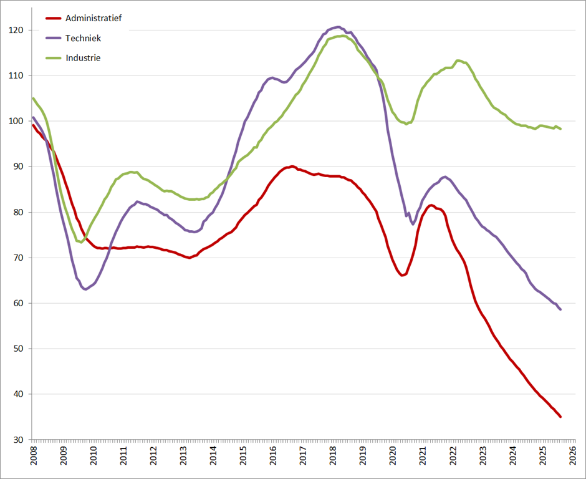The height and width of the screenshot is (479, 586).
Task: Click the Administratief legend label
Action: (94, 18)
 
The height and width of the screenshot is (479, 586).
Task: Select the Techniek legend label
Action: (83, 38)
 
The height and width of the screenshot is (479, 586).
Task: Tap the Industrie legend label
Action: (83, 58)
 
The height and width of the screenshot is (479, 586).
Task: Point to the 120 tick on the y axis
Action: (16, 30)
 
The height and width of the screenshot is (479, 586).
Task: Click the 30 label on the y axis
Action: (19, 440)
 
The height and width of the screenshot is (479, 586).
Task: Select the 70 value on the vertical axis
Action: (19, 258)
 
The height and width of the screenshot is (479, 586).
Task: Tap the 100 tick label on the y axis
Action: (16, 121)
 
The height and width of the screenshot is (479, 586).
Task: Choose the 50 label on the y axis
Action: (19, 349)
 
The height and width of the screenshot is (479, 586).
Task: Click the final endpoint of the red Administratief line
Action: (560, 417)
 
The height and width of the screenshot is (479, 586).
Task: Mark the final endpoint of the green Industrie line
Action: (560, 129)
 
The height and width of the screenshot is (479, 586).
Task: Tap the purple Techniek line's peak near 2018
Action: (337, 27)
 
